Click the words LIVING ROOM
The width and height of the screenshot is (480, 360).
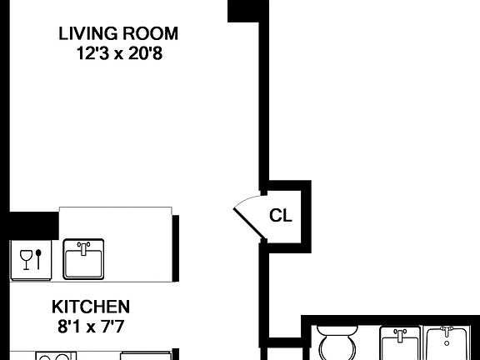(x=117, y=34)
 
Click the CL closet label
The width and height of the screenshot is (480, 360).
(x=281, y=216)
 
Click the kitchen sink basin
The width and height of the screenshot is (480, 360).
(x=84, y=262)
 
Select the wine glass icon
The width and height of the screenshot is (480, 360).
(x=25, y=257)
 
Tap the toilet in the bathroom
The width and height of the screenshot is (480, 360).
(x=337, y=346)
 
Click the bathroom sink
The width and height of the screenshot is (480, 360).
(x=401, y=346)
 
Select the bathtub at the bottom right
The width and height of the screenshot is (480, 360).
(x=450, y=346)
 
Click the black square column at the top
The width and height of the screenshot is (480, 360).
(x=248, y=10)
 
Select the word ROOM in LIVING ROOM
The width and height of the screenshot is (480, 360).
(x=150, y=34)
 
